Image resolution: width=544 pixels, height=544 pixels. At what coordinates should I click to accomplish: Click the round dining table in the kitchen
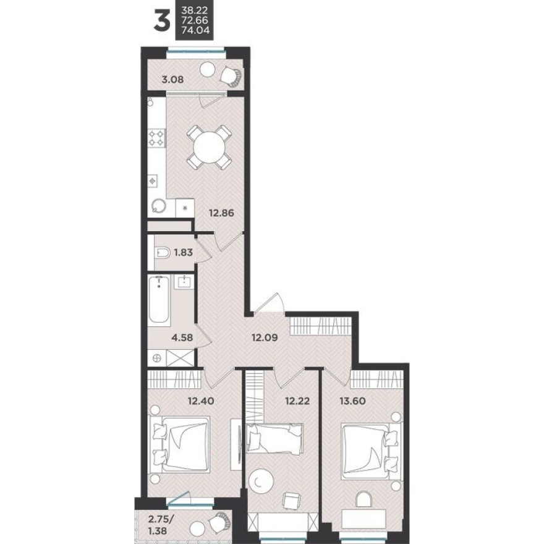(208, 147)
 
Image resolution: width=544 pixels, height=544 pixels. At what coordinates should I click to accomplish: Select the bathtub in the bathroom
(159, 300)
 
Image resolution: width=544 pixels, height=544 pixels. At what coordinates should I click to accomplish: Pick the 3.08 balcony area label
(172, 79)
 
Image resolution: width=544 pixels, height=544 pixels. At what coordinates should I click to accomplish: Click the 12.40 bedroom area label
(201, 400)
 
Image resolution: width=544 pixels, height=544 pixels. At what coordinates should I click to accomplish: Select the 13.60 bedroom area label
(352, 400)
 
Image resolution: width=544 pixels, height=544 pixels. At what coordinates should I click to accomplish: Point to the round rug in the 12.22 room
(262, 480)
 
